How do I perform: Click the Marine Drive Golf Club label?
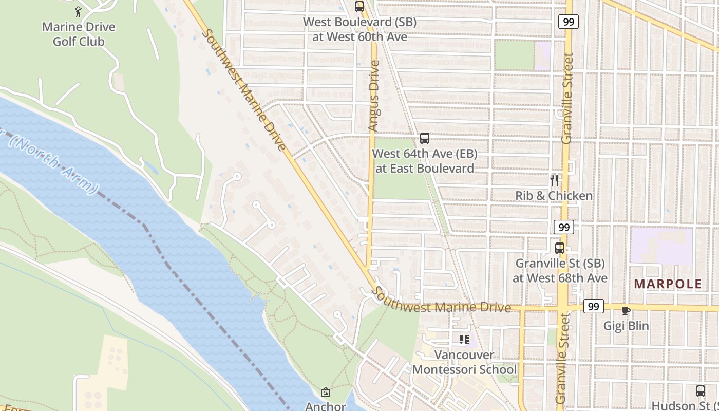(79, 34)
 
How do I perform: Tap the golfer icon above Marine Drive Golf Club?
(78, 11)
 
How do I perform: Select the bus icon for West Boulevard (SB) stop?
(359, 7)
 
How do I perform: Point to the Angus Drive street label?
(374, 96)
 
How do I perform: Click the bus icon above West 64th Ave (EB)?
(425, 138)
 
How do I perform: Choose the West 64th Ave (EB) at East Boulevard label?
(425, 161)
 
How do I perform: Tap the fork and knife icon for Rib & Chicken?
(554, 180)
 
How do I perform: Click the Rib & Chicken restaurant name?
(554, 196)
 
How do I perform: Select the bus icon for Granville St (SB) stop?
(560, 248)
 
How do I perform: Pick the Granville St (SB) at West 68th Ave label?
(560, 271)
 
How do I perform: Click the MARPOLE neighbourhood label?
(668, 284)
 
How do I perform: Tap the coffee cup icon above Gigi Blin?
(626, 311)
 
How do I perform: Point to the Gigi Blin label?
(626, 326)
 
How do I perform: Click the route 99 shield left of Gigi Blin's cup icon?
(593, 306)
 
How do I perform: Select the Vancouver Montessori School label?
(464, 362)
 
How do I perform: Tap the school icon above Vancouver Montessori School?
(464, 340)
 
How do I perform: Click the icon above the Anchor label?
(325, 393)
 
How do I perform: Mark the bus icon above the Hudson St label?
(701, 390)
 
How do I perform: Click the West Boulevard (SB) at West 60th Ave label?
(359, 30)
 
